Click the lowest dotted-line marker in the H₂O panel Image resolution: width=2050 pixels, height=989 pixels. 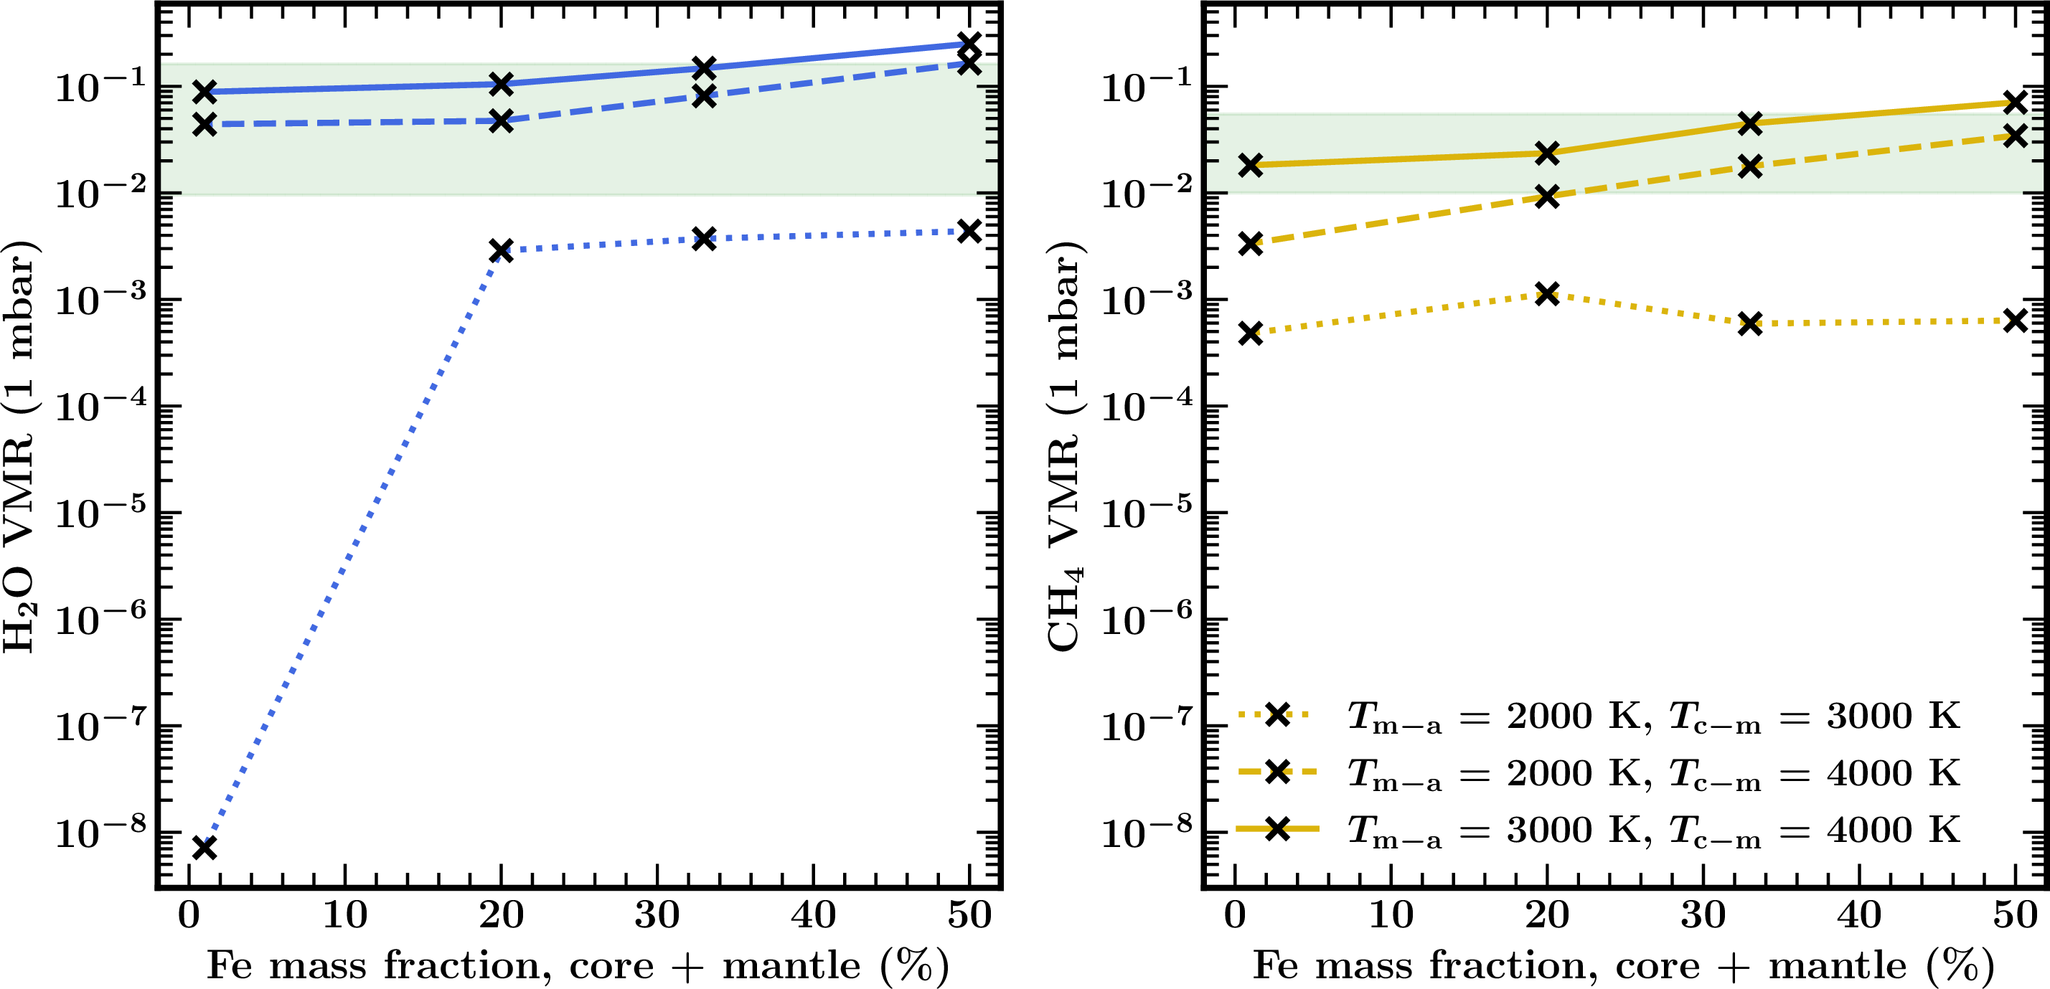204,848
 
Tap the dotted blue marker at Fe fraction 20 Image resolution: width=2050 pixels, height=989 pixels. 501,250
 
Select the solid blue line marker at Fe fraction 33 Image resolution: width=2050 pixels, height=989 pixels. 703,67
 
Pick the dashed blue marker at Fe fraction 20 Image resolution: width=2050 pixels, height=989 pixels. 501,121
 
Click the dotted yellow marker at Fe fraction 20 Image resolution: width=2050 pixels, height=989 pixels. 1547,293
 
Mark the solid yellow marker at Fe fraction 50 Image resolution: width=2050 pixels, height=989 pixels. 2015,102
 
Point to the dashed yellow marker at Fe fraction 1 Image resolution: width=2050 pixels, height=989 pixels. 1251,243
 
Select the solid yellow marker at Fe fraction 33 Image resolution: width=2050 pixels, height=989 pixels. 1750,123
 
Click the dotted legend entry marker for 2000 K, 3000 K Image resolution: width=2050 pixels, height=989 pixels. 1277,714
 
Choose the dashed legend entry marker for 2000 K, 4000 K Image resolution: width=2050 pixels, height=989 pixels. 1277,772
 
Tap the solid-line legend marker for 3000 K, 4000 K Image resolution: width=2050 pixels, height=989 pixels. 1277,829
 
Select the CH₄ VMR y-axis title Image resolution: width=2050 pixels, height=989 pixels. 1065,445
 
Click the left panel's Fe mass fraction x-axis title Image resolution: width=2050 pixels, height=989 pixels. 578,966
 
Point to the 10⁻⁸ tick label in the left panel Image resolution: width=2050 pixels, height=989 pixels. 100,832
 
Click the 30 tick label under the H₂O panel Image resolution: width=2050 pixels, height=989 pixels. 657,915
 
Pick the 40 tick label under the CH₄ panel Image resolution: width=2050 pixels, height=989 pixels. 1859,915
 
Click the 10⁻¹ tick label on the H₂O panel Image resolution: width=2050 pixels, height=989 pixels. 100,86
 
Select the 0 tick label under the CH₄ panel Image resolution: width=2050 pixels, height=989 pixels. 1235,915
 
